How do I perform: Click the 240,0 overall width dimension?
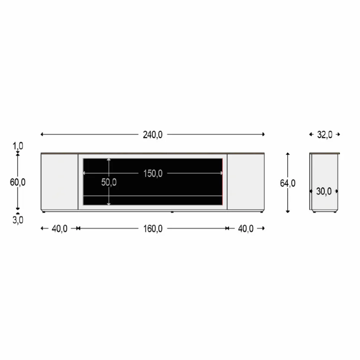click(x=153, y=135)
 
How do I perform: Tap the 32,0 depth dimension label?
click(x=325, y=135)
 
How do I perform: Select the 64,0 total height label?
click(x=288, y=183)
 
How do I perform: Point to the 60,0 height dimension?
click(x=18, y=182)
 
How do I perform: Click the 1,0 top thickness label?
click(x=18, y=146)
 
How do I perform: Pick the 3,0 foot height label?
click(x=18, y=220)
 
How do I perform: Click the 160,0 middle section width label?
click(x=153, y=229)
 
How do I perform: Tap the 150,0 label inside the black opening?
click(x=153, y=174)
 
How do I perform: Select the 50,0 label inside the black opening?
click(x=109, y=182)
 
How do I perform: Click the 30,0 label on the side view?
click(x=324, y=191)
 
